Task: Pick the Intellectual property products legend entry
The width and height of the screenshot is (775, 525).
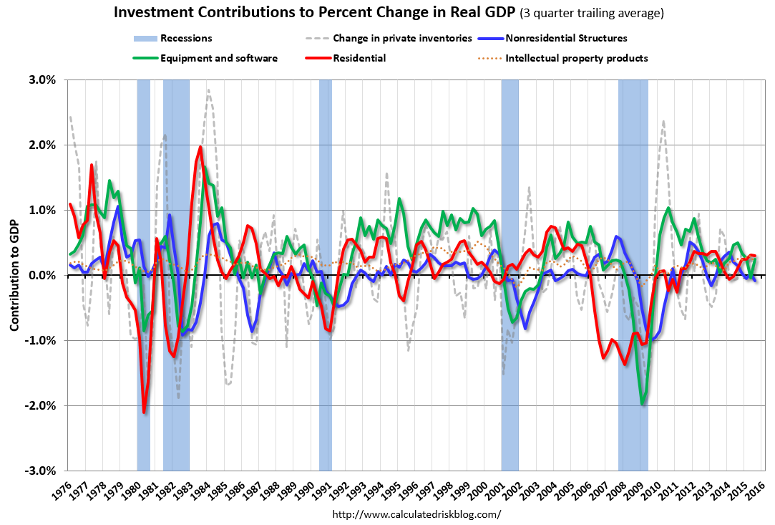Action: pos(576,58)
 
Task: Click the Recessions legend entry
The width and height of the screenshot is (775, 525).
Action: pos(186,38)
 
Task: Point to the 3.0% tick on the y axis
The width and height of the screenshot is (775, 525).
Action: pos(43,80)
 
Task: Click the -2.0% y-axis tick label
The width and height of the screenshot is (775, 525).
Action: pos(42,405)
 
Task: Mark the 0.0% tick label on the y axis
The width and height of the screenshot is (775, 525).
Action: pos(43,275)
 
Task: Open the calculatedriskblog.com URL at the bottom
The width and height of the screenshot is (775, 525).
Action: pos(416,514)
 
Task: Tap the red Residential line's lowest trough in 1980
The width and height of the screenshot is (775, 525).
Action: pos(145,412)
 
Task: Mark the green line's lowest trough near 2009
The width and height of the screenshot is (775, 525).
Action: pos(643,404)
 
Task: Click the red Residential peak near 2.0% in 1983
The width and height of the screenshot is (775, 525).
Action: pos(200,148)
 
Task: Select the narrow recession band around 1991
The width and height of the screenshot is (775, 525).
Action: pos(326,275)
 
